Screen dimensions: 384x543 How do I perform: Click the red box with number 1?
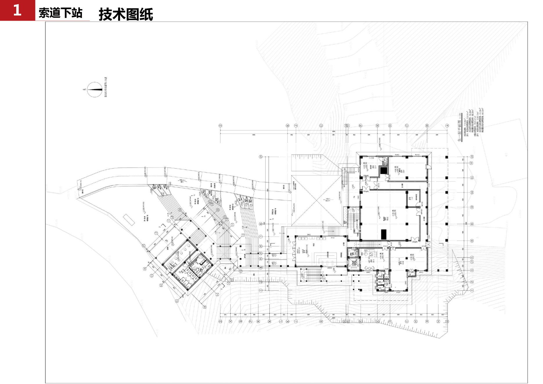17,10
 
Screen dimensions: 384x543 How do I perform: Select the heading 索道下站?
60,13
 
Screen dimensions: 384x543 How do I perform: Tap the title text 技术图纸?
126,14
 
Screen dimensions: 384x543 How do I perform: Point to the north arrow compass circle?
94,89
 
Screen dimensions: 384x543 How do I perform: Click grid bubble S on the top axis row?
220,126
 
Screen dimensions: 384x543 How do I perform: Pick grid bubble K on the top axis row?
288,126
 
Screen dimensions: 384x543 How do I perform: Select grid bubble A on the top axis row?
447,126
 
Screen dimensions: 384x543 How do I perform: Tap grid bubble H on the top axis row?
321,126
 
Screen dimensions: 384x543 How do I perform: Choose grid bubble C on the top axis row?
407,126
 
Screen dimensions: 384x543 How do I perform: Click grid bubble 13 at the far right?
472,157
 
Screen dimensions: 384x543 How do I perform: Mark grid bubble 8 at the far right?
472,224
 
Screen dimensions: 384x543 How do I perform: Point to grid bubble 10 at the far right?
472,193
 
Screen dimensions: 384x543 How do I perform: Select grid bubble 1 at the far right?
472,290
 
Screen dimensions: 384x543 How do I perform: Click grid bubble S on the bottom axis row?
220,322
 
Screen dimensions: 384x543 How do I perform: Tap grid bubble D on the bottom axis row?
390,322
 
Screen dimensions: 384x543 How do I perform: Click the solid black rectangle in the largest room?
384,234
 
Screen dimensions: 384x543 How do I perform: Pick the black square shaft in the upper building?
384,170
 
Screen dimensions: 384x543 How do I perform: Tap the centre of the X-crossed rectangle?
317,200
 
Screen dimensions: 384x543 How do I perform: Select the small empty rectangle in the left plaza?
129,220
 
